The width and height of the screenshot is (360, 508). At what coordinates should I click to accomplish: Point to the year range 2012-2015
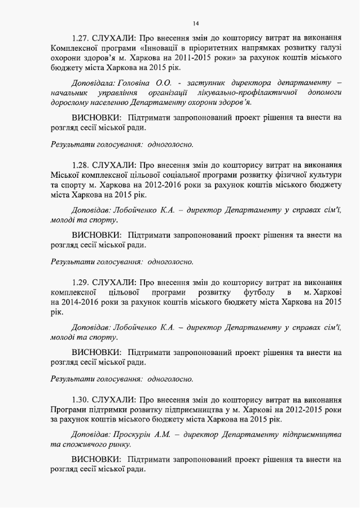coord(290,409)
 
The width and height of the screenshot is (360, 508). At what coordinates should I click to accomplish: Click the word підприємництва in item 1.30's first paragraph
coord(183,409)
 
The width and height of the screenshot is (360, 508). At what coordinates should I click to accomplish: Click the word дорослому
coord(70,103)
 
